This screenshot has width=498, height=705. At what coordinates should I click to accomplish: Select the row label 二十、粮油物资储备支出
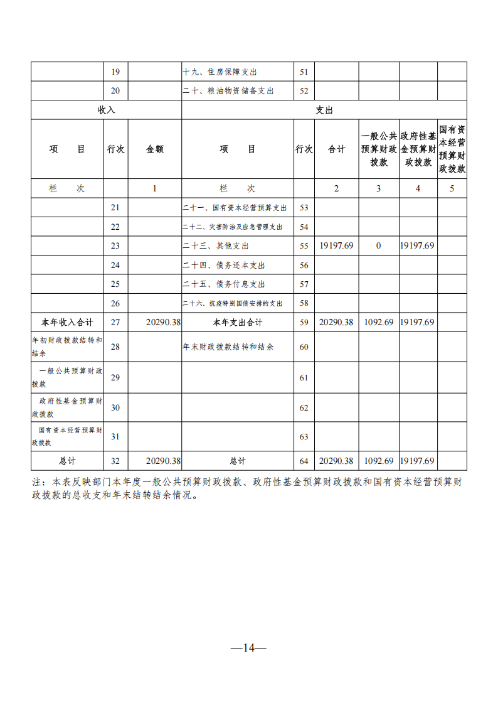228,91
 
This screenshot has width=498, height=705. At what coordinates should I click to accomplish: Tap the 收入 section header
107,110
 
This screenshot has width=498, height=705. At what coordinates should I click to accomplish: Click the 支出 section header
324,110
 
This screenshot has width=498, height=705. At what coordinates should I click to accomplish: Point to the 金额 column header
155,149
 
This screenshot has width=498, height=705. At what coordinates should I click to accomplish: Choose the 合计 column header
337,149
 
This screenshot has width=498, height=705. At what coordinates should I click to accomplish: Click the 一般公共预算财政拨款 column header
378,149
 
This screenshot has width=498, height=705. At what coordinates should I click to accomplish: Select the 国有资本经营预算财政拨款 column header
452,149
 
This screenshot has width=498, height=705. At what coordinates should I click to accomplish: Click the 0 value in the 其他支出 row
378,246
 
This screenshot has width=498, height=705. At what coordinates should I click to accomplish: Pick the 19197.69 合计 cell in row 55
337,246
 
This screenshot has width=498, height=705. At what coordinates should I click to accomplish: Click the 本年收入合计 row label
67,323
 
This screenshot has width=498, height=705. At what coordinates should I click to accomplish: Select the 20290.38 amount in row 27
163,323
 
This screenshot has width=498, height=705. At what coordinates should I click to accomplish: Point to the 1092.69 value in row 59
378,323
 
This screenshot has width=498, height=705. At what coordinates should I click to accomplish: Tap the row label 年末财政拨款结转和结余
228,347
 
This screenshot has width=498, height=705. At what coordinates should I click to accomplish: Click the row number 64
304,461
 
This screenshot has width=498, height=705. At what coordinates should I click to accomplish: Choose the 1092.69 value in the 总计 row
378,461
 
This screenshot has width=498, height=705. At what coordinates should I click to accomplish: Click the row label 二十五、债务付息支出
224,284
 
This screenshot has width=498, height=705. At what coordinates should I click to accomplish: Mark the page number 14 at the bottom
249,648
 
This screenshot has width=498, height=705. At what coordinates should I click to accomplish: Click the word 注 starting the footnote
36,482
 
